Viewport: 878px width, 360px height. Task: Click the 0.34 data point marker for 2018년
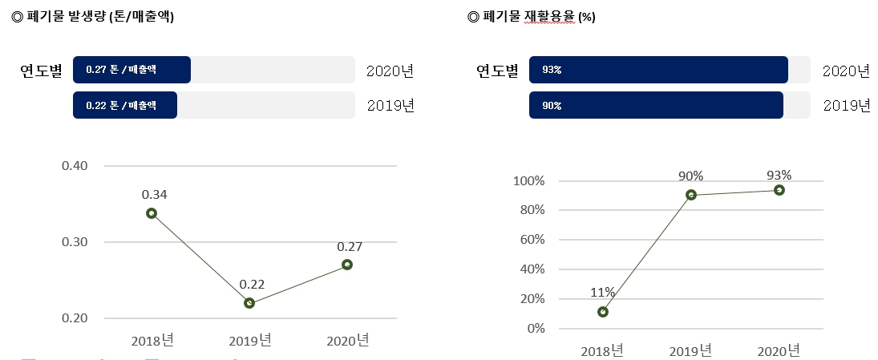[151, 213]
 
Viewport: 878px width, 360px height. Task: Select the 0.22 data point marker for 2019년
[249, 303]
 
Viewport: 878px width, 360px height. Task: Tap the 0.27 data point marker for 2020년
[347, 265]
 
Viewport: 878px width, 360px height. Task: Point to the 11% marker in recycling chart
[603, 312]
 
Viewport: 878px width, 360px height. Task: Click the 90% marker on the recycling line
[691, 195]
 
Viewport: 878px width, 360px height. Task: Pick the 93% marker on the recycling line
[779, 190]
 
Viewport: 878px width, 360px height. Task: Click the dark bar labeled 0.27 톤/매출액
[131, 70]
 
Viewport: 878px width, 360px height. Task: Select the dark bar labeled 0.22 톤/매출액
[125, 105]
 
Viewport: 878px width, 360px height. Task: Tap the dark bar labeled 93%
[658, 70]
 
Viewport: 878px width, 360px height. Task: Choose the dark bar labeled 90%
[656, 105]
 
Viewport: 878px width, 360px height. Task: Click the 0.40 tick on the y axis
[75, 166]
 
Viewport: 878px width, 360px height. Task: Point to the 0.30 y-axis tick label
[75, 242]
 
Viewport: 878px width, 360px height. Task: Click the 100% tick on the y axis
[528, 181]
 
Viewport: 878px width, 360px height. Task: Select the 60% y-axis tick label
[531, 240]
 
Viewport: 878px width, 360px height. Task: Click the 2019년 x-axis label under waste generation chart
[250, 340]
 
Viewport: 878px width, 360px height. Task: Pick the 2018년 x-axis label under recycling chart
[602, 350]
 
